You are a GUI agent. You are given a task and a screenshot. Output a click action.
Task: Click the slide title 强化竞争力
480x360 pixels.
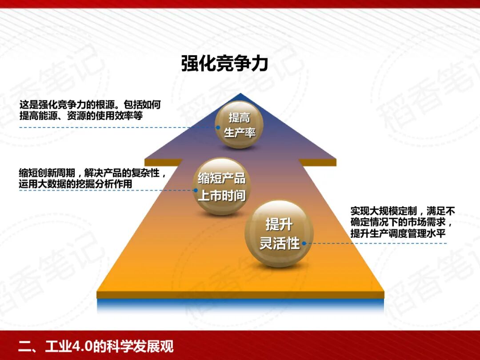(224, 64)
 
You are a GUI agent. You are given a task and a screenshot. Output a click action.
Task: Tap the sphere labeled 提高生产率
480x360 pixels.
(240, 125)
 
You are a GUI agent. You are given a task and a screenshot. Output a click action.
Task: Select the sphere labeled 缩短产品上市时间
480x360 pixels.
(221, 187)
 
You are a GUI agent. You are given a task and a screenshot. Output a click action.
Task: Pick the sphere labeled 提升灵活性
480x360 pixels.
(279, 234)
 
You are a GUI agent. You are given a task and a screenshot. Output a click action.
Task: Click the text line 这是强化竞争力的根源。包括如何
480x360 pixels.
(90, 105)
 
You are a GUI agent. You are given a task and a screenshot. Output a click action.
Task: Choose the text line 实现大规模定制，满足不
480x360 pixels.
(403, 210)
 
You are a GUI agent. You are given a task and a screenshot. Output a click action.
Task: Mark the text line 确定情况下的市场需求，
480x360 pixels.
(403, 222)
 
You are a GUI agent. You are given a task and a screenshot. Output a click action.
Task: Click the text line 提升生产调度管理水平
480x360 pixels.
(398, 233)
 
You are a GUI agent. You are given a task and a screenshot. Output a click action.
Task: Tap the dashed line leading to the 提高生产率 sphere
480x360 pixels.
(116, 128)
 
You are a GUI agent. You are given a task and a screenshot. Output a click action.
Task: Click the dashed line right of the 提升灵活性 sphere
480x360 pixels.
(378, 244)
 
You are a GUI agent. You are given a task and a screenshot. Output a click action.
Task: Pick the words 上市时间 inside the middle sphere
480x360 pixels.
(221, 196)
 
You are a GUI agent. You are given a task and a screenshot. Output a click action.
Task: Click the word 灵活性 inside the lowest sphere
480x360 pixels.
(279, 244)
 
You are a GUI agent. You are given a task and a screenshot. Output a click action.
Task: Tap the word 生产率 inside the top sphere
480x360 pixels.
(240, 132)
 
